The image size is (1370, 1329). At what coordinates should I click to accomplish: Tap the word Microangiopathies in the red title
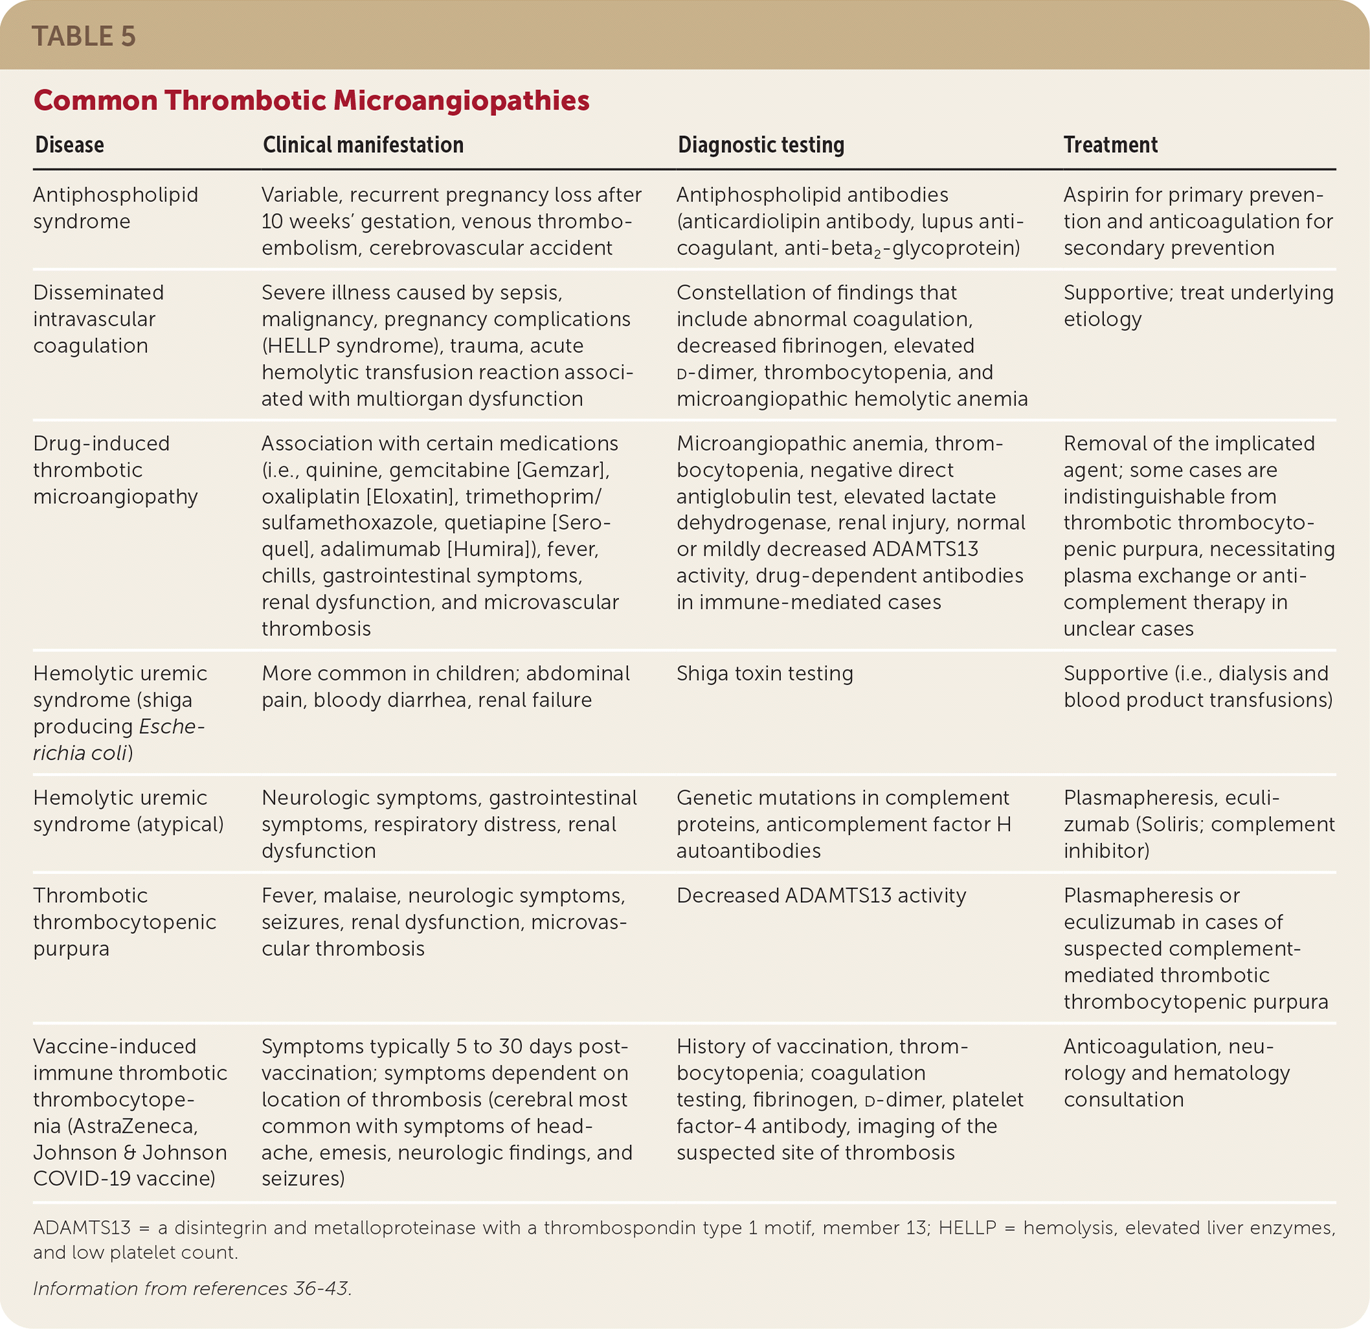click(x=462, y=100)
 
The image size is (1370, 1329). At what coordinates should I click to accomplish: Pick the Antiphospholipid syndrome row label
click(x=115, y=208)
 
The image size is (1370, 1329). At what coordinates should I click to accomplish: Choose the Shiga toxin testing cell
click(x=765, y=673)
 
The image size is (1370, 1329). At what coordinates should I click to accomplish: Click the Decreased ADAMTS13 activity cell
click(x=820, y=896)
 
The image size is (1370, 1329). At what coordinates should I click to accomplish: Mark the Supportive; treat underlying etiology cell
click(x=1198, y=306)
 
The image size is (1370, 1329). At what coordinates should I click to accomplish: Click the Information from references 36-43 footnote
click(x=192, y=1288)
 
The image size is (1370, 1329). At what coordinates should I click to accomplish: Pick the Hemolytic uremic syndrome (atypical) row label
click(x=128, y=811)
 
